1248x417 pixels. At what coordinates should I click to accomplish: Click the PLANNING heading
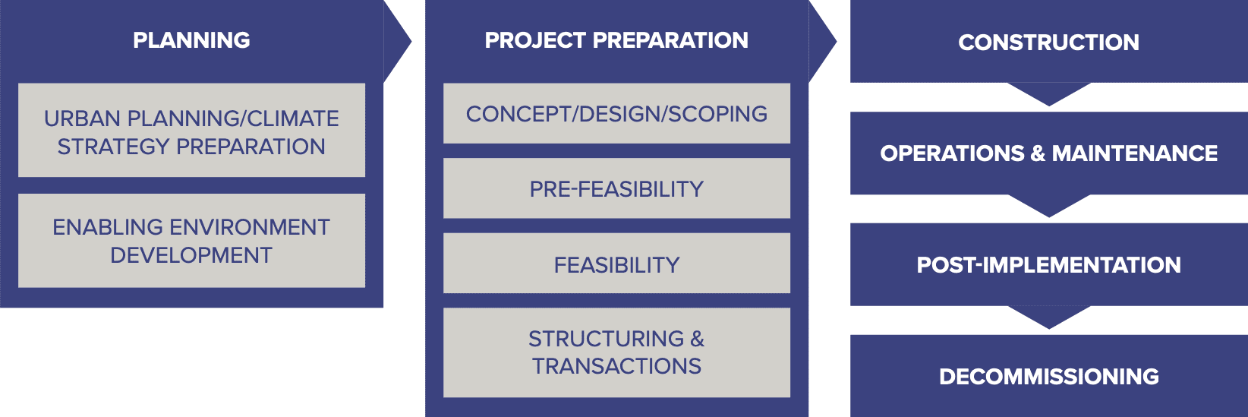[191, 40]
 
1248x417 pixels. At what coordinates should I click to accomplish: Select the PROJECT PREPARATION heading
[616, 40]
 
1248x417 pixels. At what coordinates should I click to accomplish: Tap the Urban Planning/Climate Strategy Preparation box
[191, 130]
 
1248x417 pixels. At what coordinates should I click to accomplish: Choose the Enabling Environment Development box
[191, 240]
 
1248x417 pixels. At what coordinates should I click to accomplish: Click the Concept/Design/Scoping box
[616, 113]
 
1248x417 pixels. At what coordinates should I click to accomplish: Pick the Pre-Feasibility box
[616, 188]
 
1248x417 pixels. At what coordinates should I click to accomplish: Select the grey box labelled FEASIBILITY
[616, 264]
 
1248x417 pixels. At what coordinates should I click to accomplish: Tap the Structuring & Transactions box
[616, 352]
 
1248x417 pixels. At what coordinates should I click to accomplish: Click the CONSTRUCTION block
[1048, 42]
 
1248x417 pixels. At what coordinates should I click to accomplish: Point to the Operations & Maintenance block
[1048, 153]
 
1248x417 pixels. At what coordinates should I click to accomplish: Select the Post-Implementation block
[1048, 264]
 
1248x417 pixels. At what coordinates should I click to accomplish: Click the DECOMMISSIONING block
[1048, 376]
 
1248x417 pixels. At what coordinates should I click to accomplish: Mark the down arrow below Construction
[1049, 94]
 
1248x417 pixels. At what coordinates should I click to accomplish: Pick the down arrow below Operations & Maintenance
[1049, 206]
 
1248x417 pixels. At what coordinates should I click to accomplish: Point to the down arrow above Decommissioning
[1049, 317]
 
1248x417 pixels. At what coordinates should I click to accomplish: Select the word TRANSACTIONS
[616, 366]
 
